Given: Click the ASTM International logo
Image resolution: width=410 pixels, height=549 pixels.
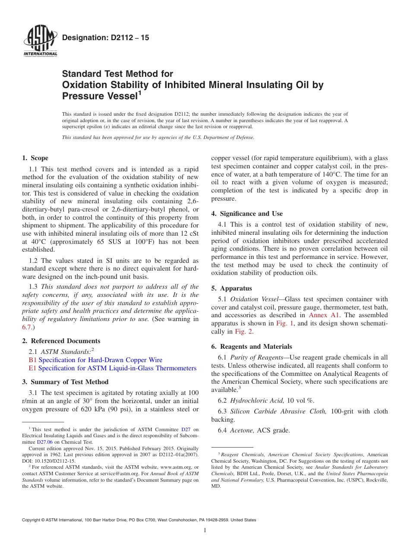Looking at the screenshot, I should coord(40,41).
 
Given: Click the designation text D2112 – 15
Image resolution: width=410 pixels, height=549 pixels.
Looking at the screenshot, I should coord(106,38).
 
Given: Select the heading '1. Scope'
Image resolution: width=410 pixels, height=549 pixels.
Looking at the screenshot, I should coord(35,158).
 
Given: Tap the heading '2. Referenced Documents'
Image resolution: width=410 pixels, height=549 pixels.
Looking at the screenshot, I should coord(61,341).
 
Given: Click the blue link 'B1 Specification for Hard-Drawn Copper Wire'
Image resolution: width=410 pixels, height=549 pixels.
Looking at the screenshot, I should coord(95,360).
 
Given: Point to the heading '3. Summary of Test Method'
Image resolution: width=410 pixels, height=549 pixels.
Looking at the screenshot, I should coord(65,382).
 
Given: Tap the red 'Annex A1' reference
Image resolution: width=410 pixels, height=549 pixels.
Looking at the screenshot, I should coord(324,315).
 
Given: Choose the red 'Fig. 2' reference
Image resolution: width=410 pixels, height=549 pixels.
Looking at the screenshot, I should coord(244,331).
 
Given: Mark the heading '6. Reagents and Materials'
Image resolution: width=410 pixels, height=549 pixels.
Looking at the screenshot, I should coord(251,347).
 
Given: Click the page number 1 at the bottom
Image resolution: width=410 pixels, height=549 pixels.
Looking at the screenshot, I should coord(205,530).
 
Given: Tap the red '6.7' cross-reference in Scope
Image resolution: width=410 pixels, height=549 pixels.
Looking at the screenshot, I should coord(26,327).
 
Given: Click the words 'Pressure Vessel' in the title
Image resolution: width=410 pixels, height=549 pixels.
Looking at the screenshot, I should coord(99,96).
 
